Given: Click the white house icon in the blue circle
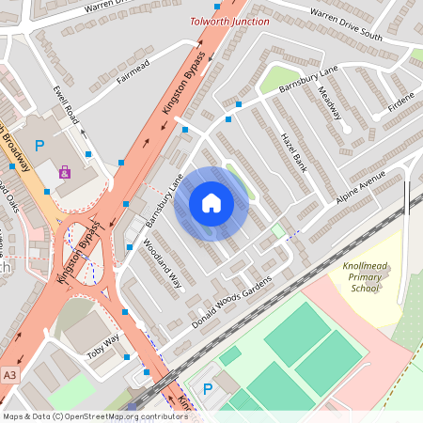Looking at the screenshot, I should tap(211, 203).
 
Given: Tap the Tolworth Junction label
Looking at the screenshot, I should tap(229, 21).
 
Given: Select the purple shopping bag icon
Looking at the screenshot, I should tap(64, 172).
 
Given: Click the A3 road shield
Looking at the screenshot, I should tap(9, 373).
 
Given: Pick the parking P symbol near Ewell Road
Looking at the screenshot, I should tap(39, 146).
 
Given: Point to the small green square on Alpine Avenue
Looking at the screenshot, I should tap(277, 229).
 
